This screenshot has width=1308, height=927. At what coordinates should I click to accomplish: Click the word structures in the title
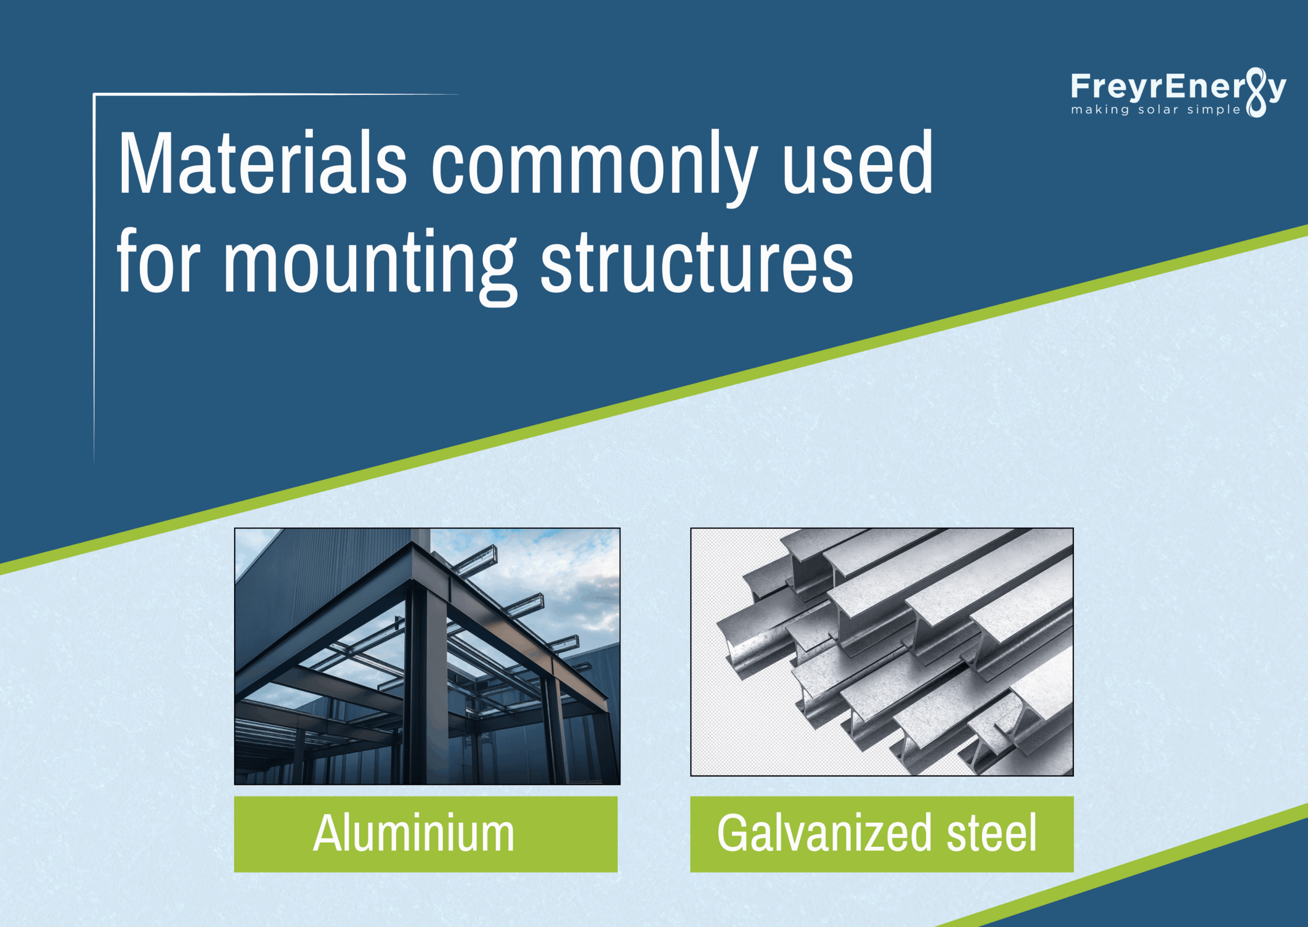696,263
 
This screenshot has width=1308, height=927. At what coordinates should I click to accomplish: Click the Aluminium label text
414,834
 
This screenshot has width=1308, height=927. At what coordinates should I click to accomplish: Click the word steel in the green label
991,834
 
